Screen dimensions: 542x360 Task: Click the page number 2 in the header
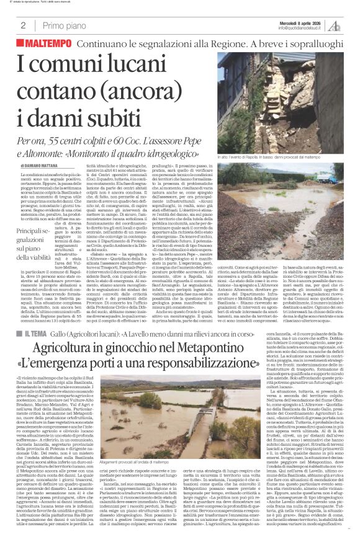point(23,25)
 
